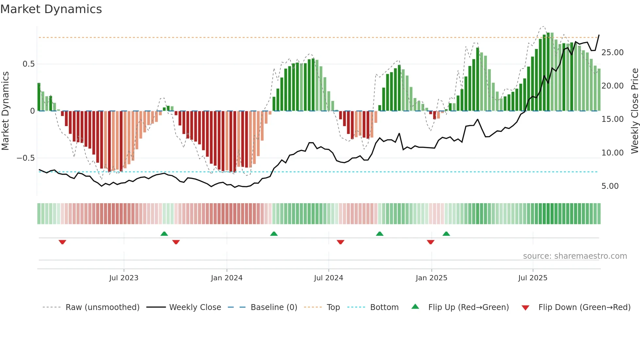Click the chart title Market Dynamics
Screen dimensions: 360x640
51,9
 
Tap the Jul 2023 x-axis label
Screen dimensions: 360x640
124,278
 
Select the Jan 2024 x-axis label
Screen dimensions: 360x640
227,278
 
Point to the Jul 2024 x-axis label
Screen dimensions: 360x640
328,278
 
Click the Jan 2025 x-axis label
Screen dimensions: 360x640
431,278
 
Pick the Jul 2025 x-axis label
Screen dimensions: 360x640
533,278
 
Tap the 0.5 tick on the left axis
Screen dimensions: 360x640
28,64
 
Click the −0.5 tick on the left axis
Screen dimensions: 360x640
25,158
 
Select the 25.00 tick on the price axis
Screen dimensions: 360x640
613,53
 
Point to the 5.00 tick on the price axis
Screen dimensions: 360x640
610,186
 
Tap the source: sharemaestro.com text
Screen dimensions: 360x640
575,256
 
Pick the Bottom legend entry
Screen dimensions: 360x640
384,307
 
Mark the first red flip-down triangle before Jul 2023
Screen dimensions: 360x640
62,242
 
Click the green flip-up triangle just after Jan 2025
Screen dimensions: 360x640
446,234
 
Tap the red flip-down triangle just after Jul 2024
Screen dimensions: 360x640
340,242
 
